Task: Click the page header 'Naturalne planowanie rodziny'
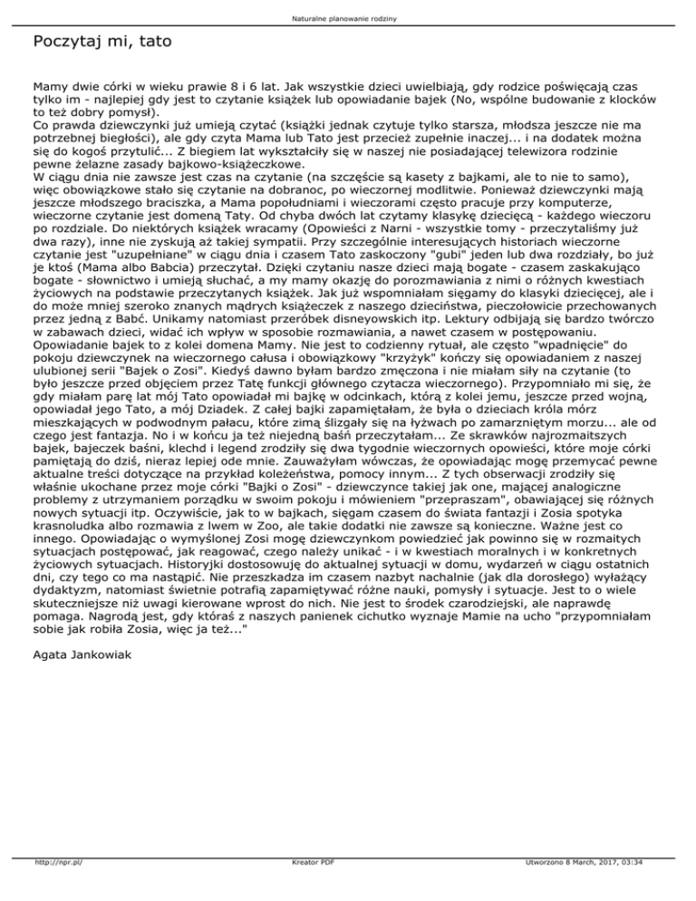click(348, 17)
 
